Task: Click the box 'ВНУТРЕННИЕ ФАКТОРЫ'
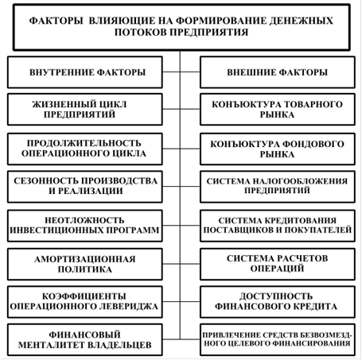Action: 85,72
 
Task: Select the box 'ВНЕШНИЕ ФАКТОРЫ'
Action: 278,72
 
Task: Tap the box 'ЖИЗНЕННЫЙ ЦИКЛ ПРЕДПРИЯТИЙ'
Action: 85,109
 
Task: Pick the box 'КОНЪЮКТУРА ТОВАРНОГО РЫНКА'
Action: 278,109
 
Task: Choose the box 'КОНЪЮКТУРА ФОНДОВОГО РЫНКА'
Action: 278,149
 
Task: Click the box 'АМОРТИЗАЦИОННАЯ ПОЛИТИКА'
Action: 85,264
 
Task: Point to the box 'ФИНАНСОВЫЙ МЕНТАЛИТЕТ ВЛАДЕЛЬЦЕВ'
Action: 85,339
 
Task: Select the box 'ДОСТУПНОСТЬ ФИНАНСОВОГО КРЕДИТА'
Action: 278,302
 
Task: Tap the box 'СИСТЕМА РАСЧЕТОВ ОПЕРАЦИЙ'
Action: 278,264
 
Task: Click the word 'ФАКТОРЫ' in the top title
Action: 56,21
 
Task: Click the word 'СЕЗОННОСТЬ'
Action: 46,180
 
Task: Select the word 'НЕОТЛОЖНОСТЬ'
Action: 84,220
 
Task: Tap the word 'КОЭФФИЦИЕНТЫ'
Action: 84,296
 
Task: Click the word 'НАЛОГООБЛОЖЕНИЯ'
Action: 300,181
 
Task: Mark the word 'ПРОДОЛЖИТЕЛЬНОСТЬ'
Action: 84,143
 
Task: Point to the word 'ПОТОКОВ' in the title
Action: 141,33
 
